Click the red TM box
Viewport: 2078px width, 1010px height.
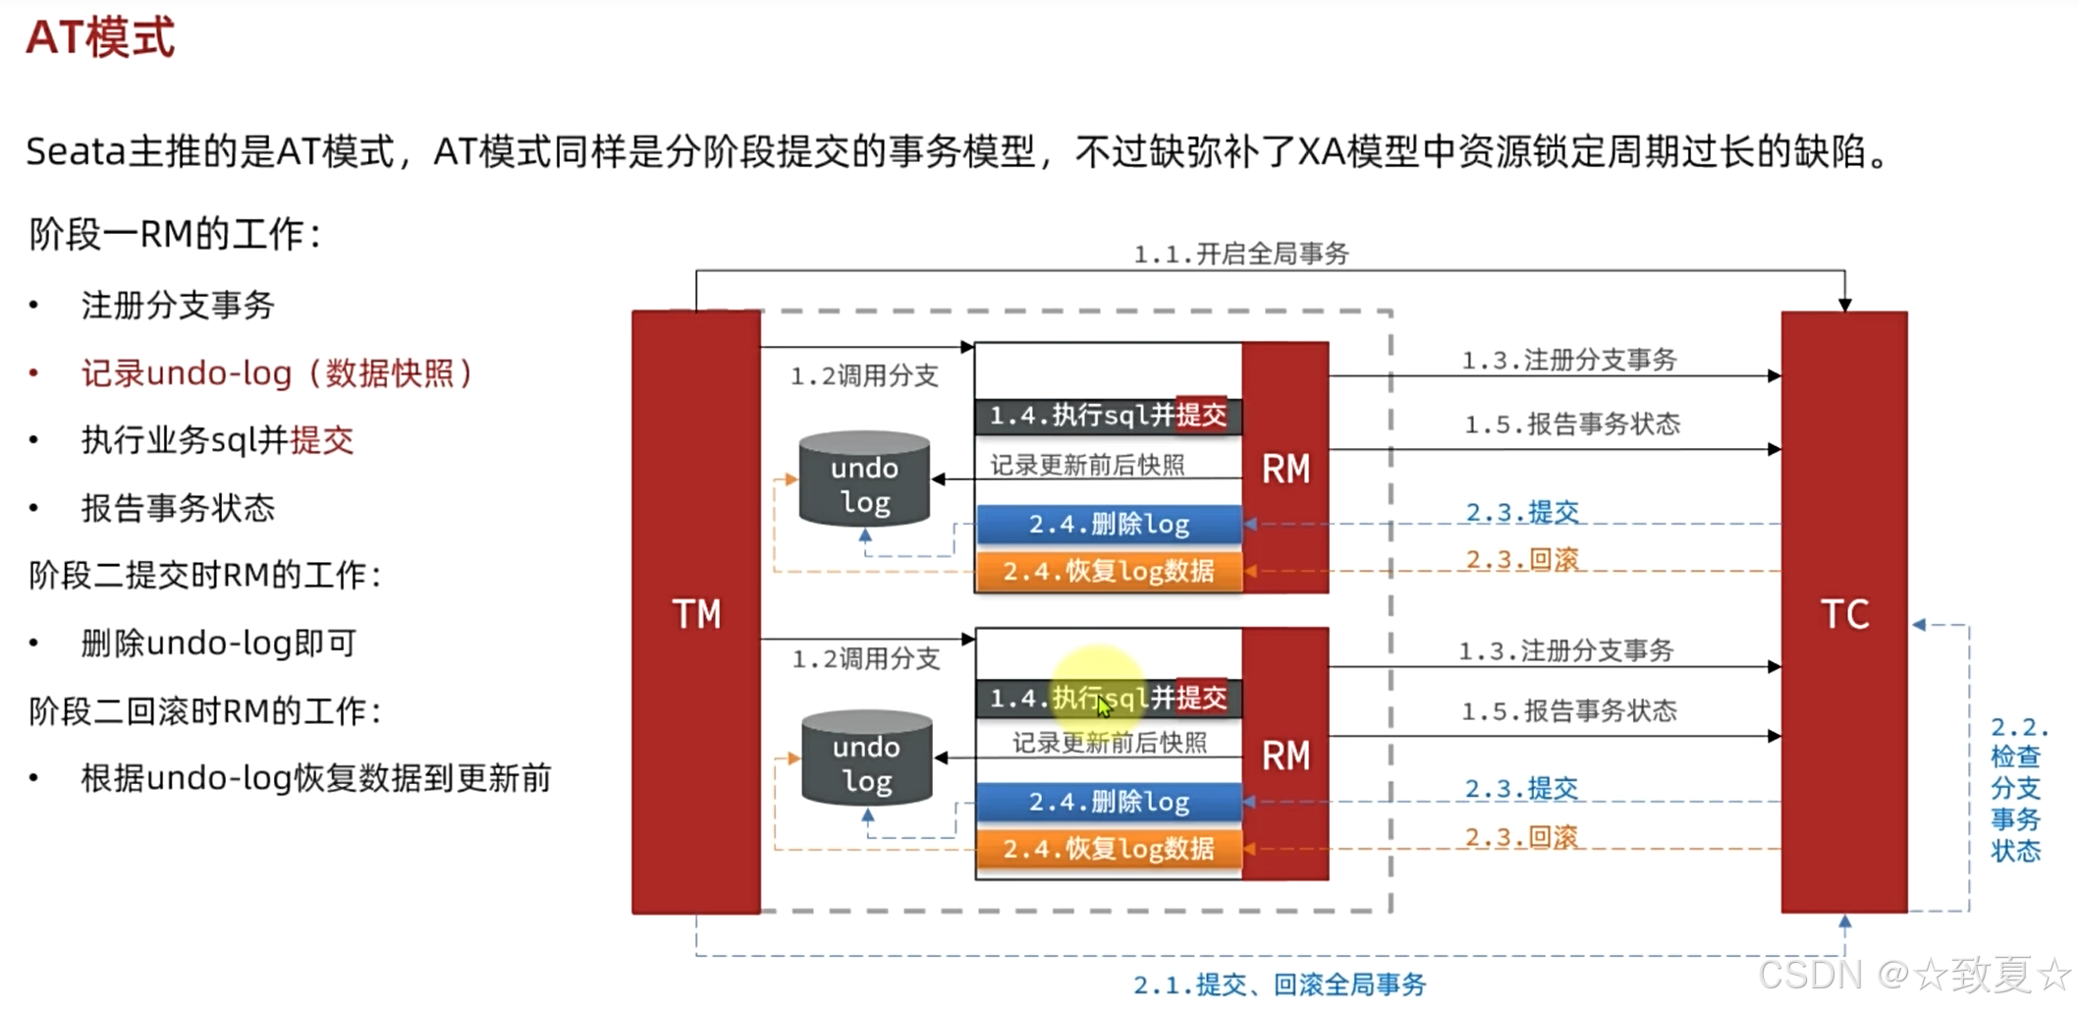click(695, 613)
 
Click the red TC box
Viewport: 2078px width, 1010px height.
click(1843, 613)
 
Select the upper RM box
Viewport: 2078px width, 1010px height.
click(1285, 468)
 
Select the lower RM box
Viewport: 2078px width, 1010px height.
click(1285, 755)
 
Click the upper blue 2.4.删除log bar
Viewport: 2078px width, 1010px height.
click(1109, 524)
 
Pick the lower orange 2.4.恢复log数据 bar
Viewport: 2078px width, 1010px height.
click(1109, 848)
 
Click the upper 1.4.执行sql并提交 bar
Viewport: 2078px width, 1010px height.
click(1108, 416)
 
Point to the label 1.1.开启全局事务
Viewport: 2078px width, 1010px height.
click(1241, 254)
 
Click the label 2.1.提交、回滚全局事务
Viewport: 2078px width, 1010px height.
click(1279, 984)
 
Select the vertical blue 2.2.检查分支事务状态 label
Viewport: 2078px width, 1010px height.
click(2016, 788)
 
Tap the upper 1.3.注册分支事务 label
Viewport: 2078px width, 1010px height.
click(1569, 361)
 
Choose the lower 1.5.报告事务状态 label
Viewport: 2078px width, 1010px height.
click(1569, 711)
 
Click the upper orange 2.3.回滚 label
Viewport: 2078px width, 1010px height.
click(1522, 560)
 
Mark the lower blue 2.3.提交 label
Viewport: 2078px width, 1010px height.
click(1521, 789)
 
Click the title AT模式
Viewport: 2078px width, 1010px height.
click(100, 39)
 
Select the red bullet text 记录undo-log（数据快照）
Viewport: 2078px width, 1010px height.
click(277, 373)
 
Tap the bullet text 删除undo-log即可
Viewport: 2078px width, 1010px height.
click(218, 644)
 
